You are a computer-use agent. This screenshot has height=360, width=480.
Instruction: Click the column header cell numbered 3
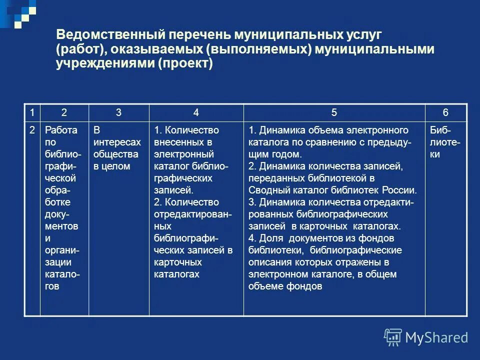pos(118,112)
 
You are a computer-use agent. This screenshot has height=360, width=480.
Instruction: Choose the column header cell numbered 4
pos(196,112)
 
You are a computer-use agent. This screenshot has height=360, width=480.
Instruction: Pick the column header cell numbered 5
pos(334,112)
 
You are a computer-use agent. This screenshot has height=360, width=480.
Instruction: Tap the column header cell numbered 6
pos(445,112)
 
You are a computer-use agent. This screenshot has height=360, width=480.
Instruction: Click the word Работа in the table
pos(61,130)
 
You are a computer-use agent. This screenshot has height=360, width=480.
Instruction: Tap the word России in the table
pos(400,190)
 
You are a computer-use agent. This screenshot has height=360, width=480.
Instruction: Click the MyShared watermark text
pos(436,337)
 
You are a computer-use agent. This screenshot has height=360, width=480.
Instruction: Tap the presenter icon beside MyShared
pos(393,337)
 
